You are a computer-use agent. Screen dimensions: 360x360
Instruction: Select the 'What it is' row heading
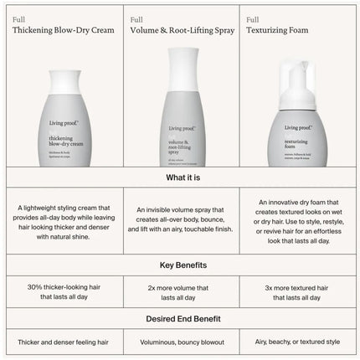[x=180, y=177]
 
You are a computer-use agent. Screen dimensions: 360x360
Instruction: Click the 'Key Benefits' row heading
[x=180, y=265]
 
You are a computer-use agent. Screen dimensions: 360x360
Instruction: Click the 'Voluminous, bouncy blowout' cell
[x=180, y=343]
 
